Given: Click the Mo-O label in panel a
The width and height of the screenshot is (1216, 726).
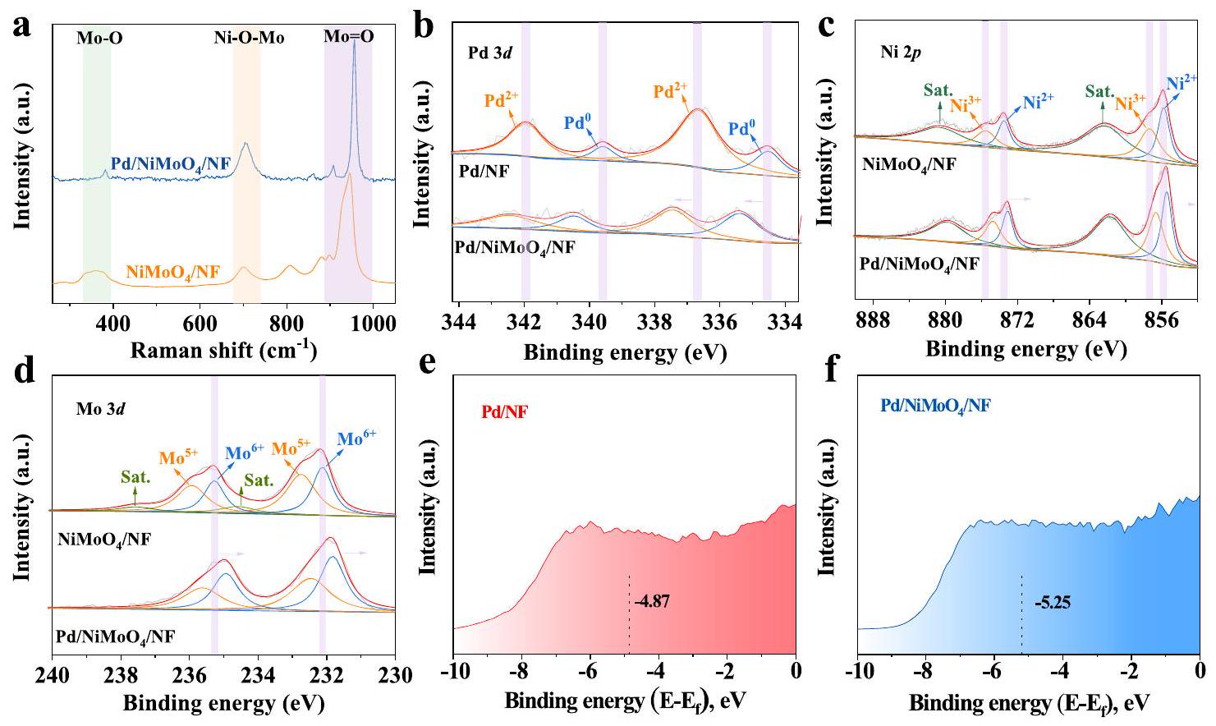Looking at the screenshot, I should [x=100, y=37].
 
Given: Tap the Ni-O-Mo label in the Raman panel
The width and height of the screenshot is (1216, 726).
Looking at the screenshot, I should [x=248, y=37].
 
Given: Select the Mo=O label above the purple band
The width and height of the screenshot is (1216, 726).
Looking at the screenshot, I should [x=348, y=36].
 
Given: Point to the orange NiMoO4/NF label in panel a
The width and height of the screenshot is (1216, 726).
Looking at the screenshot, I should [x=173, y=271].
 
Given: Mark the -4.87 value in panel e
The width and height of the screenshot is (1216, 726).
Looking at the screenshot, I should [x=652, y=602].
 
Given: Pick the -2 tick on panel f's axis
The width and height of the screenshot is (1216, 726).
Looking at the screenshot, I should [x=1131, y=672].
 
